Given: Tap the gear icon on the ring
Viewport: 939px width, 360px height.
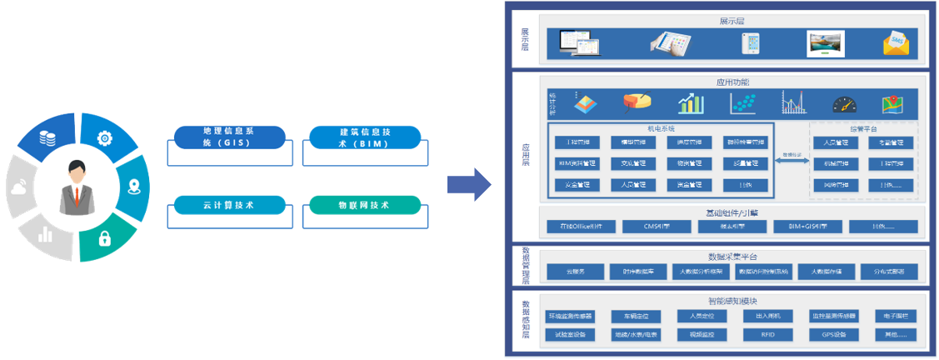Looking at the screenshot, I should [x=105, y=138].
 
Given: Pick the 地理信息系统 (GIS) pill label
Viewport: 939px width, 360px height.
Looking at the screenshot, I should [x=227, y=137].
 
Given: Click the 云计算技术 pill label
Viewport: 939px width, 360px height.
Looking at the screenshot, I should [x=227, y=205].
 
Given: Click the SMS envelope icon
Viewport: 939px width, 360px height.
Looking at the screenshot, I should [x=896, y=42].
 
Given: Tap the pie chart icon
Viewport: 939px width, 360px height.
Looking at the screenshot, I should [x=637, y=102].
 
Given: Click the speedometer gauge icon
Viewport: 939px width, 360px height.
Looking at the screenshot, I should [x=844, y=104].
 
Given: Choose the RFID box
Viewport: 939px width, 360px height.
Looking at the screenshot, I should [x=767, y=335].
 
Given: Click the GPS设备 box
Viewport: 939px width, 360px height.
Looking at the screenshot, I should [x=834, y=335].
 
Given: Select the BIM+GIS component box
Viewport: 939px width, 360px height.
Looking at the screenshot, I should [x=807, y=226].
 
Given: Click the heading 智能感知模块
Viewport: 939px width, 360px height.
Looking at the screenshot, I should [x=732, y=301].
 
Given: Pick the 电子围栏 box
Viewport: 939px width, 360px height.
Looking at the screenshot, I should [x=896, y=317].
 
